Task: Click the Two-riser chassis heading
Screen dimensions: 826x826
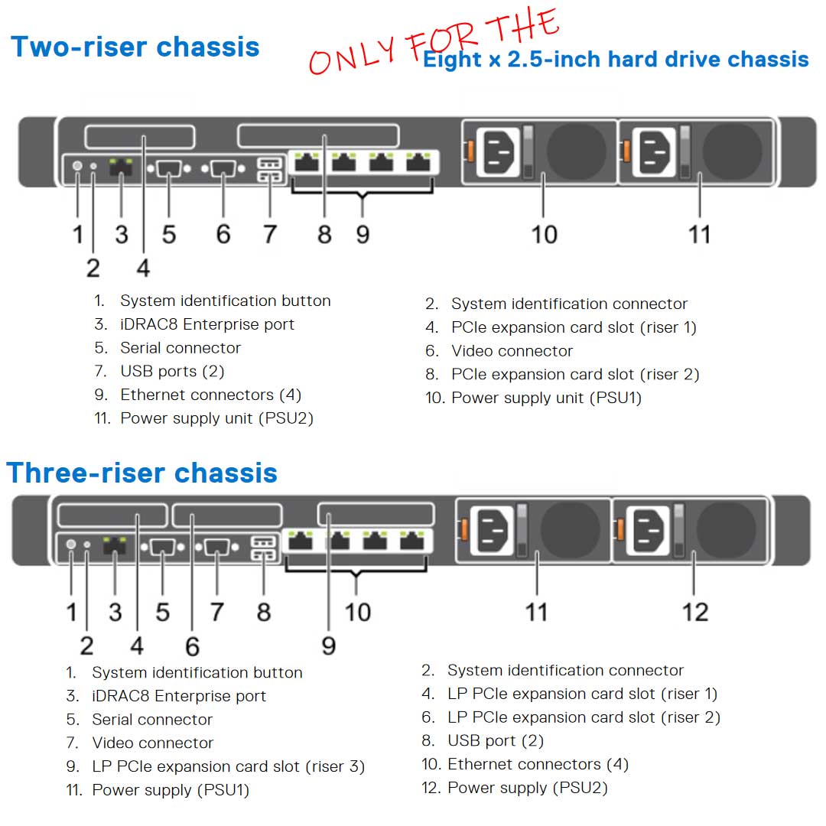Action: (x=135, y=47)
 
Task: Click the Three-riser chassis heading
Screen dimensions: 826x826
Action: (x=141, y=473)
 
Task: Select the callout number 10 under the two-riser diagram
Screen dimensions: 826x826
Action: (x=544, y=234)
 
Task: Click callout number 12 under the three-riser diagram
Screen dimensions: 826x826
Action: (x=694, y=612)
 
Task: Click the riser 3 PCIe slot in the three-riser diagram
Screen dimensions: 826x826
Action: (x=376, y=514)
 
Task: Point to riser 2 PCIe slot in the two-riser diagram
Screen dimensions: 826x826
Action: (x=317, y=137)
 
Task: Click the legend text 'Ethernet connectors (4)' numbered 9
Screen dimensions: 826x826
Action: (x=210, y=395)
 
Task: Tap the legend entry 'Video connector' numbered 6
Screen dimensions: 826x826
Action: (x=512, y=352)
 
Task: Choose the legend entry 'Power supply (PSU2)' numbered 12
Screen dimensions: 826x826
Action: (x=527, y=789)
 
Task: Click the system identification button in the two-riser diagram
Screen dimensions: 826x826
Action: (x=77, y=165)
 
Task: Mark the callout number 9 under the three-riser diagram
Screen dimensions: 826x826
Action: (x=328, y=646)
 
